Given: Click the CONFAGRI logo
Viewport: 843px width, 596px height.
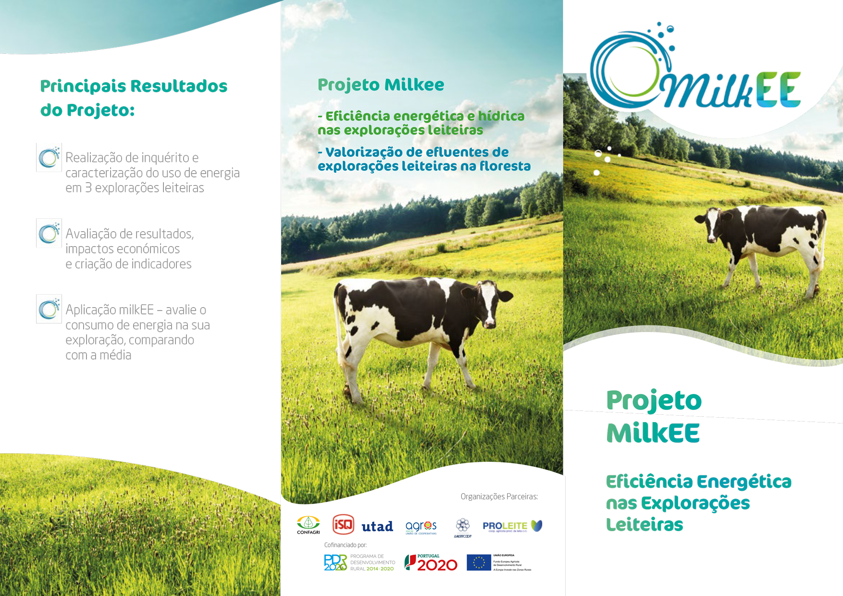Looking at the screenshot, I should pos(308,525).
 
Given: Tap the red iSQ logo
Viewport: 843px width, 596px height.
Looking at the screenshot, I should pos(343,524).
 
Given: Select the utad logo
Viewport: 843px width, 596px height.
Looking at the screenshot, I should pos(377,526).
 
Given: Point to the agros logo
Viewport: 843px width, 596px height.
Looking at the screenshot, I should pos(421,527).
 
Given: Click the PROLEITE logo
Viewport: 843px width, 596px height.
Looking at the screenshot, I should pos(512,526).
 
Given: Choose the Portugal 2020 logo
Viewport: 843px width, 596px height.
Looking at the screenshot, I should pos(431,563).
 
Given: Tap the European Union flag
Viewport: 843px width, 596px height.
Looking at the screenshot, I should pos(479,562).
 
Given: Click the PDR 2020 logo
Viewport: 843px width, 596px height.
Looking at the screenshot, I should pos(335,562).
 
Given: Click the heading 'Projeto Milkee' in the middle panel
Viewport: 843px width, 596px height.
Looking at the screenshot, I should pos(381,85).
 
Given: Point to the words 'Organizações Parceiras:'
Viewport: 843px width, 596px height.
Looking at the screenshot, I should pos(499,497).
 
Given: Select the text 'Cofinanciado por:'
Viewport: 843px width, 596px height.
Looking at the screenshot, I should pos(345,545).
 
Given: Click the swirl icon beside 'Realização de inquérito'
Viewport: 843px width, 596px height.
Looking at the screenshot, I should pos(49,157).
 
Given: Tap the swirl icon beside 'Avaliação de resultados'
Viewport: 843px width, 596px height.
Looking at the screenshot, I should pos(49,233).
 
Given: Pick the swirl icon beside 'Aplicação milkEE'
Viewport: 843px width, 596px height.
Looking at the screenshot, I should pos(49,309).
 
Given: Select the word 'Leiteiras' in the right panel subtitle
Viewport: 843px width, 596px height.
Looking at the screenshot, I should pos(645,525).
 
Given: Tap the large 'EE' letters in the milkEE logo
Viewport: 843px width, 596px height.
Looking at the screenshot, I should pos(779,89).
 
